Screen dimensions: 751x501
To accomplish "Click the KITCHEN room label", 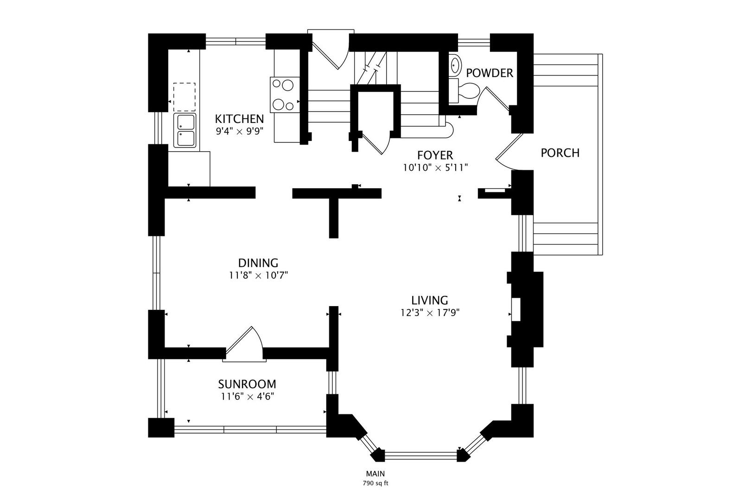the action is coord(239,119).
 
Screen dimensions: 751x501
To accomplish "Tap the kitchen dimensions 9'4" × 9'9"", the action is coord(240,131).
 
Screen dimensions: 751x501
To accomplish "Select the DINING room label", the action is coord(258,263).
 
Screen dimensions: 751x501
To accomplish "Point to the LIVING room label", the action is coord(430,300).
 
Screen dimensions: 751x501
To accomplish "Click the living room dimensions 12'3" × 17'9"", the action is coord(430,313).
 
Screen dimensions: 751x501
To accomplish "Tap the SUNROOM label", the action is coord(247,384).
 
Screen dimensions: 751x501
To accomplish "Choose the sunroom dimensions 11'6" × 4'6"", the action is coord(248,397).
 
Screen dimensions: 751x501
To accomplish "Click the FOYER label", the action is coord(435,155).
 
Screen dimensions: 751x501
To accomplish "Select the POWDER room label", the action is coord(490,73).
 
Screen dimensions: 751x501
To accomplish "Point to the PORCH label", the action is coord(560,153).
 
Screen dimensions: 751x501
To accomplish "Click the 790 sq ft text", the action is coord(375,483).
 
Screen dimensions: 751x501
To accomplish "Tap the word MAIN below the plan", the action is coord(375,474).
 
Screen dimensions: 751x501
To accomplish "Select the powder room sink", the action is coord(455,65).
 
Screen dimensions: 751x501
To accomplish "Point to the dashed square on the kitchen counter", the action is coord(185,97).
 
